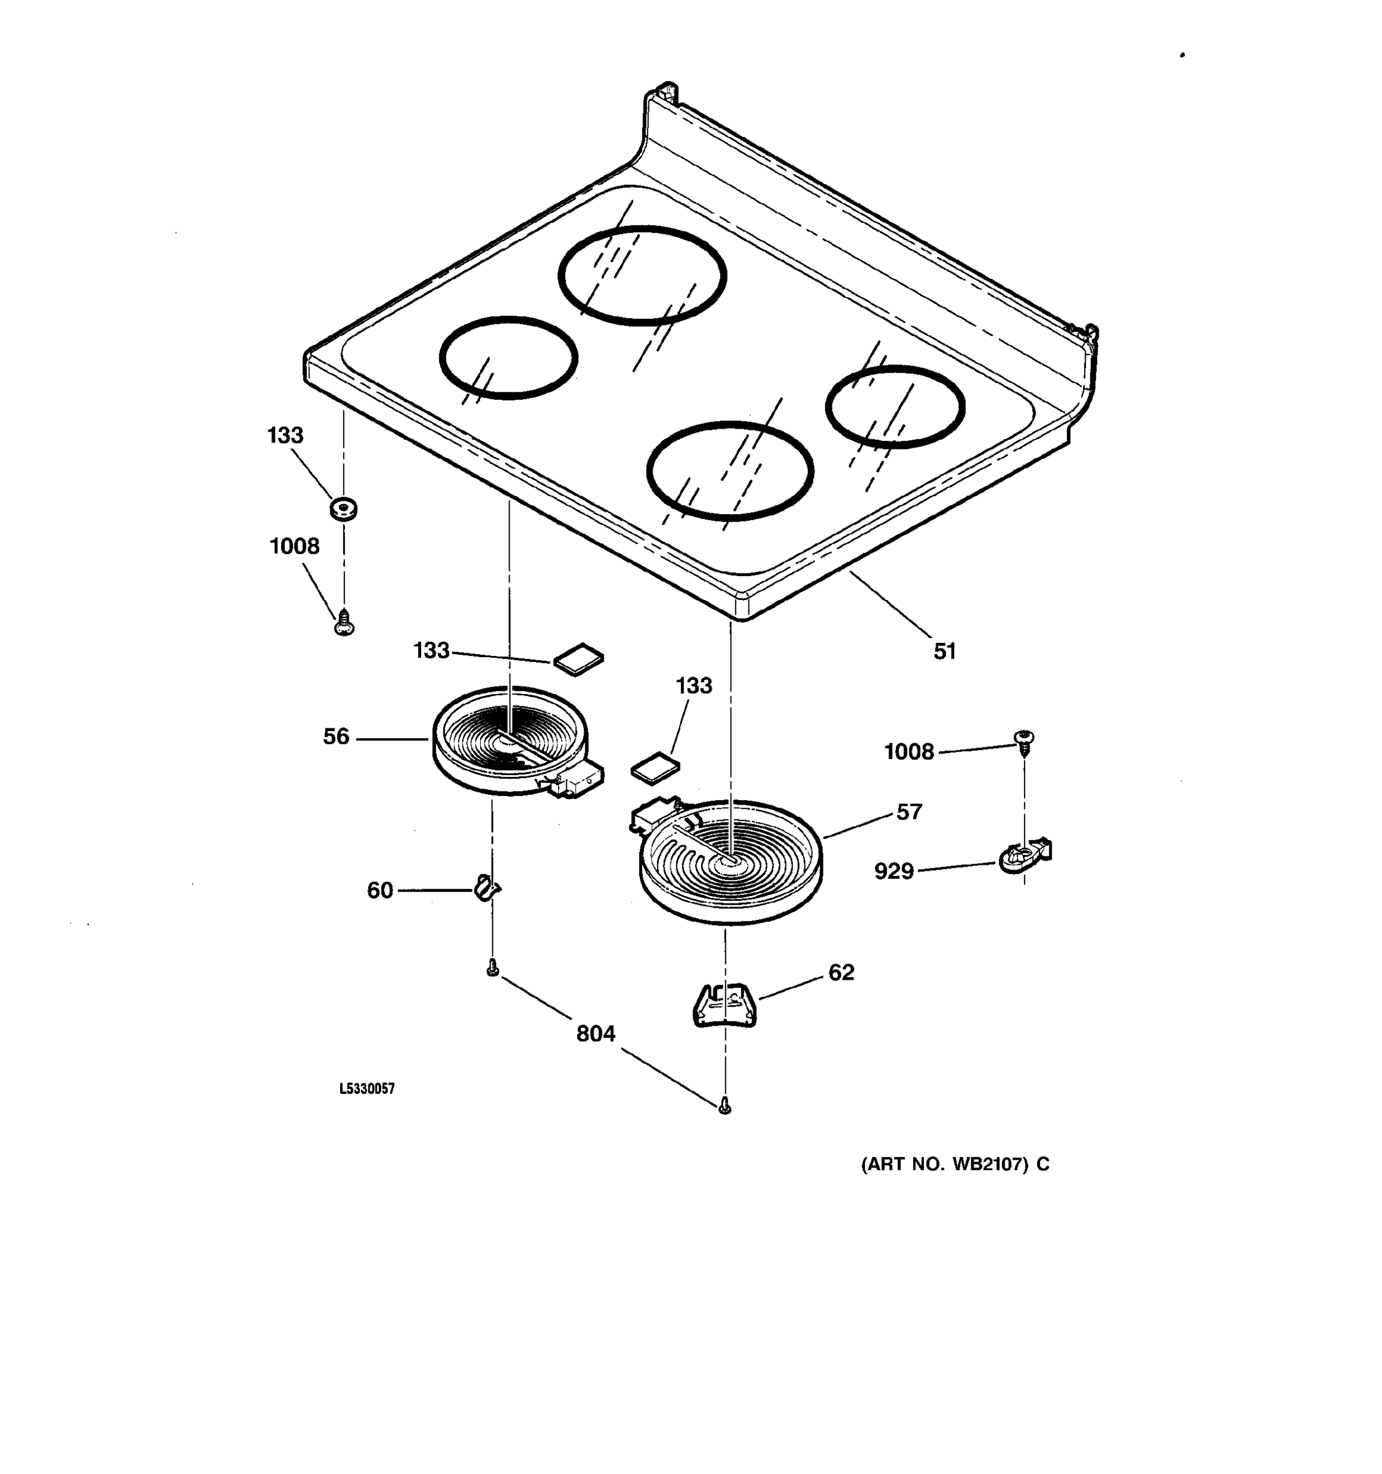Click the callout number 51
click(944, 651)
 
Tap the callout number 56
click(336, 736)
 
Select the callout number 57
click(909, 812)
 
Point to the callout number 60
click(379, 890)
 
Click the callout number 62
click(841, 972)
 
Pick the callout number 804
click(596, 1034)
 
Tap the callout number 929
click(894, 872)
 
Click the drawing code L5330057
click(367, 1088)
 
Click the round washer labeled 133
click(343, 509)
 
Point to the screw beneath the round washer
click(344, 623)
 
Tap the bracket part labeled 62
click(724, 1005)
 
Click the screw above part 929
click(1024, 741)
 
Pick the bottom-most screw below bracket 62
click(724, 1106)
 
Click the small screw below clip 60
click(492, 969)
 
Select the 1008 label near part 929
click(909, 752)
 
